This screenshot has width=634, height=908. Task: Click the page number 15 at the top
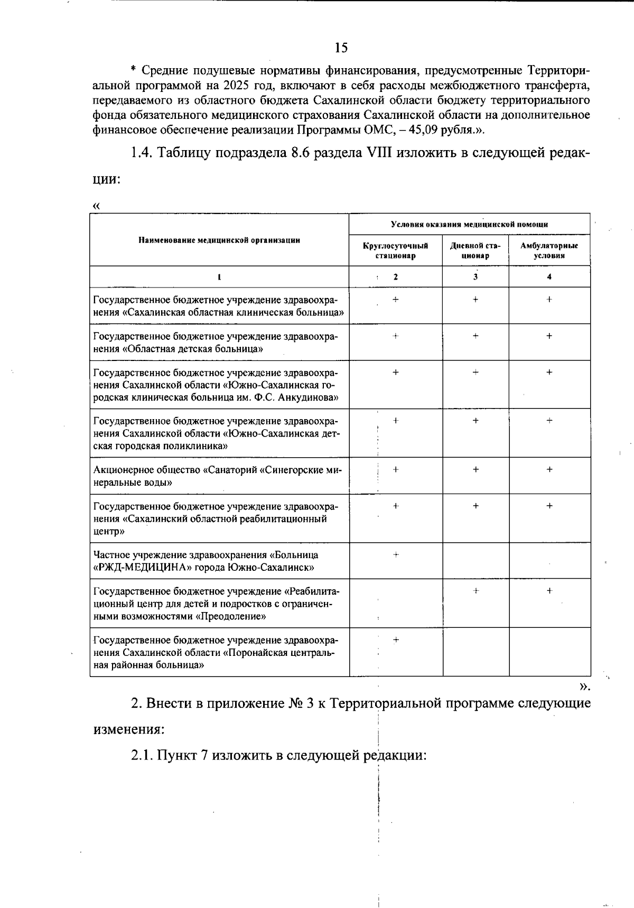(341, 48)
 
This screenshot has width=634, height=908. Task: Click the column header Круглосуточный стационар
(395, 251)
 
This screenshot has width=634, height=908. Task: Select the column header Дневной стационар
(475, 251)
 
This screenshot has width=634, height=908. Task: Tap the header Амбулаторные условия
(549, 251)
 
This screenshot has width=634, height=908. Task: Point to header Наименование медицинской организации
(219, 240)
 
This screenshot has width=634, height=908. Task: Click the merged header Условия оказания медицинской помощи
(469, 224)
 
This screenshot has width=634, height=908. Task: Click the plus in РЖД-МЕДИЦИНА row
(396, 554)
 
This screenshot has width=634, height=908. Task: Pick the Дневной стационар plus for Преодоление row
(475, 590)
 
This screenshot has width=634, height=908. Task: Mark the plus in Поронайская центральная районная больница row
(396, 640)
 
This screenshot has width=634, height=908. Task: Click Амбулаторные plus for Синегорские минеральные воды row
(549, 469)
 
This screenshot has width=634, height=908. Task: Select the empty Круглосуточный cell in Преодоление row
(396, 603)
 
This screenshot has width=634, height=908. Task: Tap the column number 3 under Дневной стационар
(475, 276)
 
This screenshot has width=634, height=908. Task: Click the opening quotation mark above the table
(96, 206)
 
